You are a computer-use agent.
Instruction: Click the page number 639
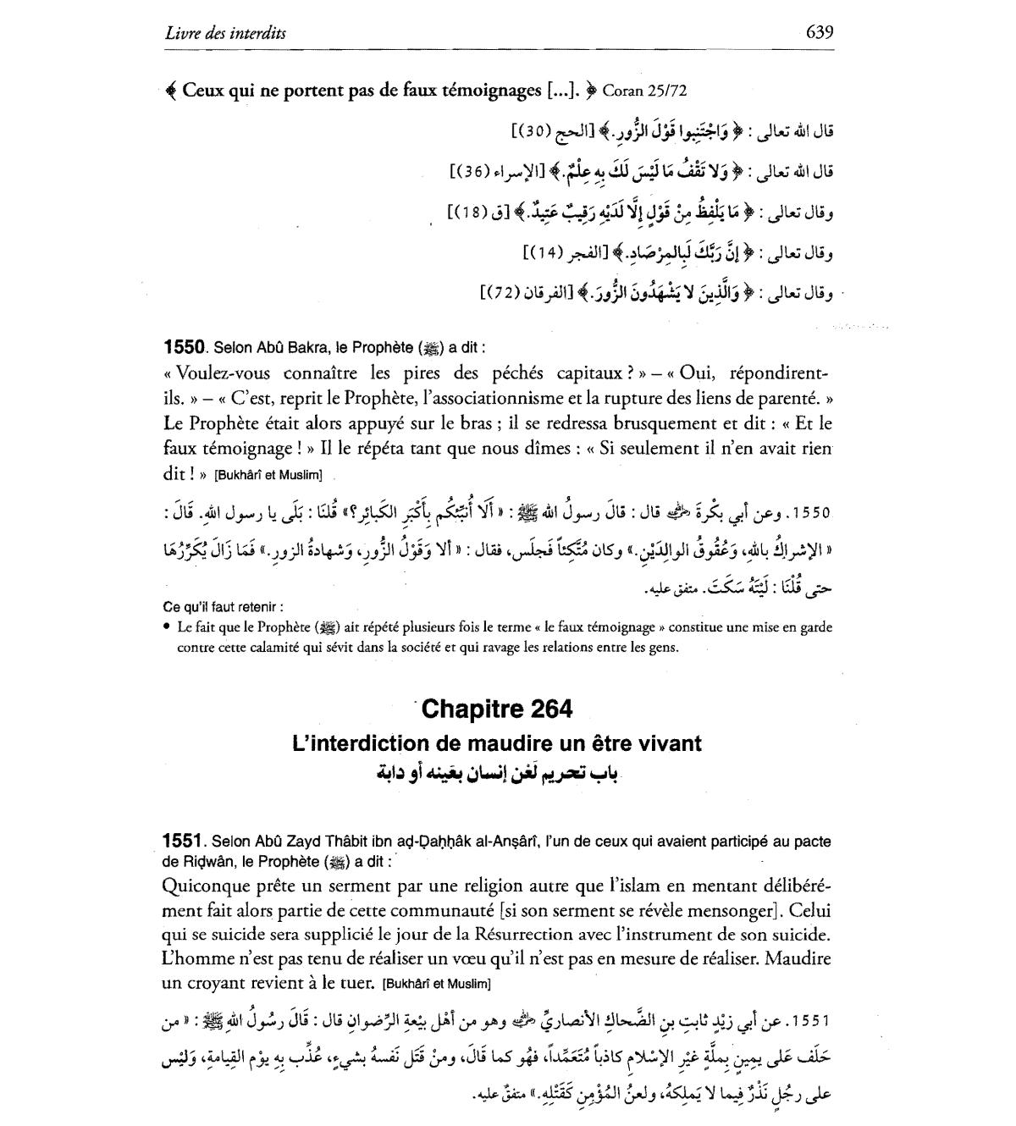click(820, 32)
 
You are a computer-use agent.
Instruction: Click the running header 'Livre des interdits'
click(225, 33)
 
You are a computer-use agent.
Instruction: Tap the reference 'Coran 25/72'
click(639, 91)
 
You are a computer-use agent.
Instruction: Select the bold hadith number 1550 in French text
click(185, 347)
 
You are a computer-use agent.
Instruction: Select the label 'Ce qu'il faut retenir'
click(223, 606)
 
